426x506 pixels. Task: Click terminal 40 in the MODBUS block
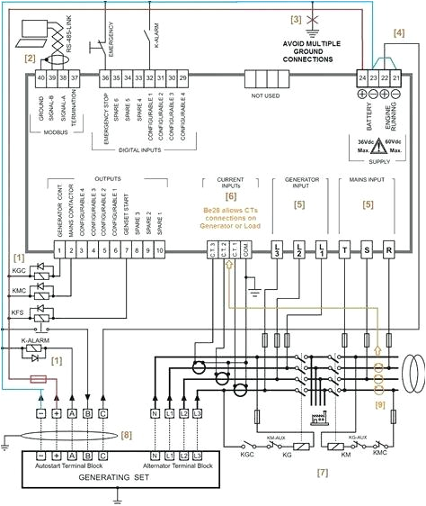[41, 79]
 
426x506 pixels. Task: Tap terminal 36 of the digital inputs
[105, 79]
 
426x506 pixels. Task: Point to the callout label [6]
[231, 195]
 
